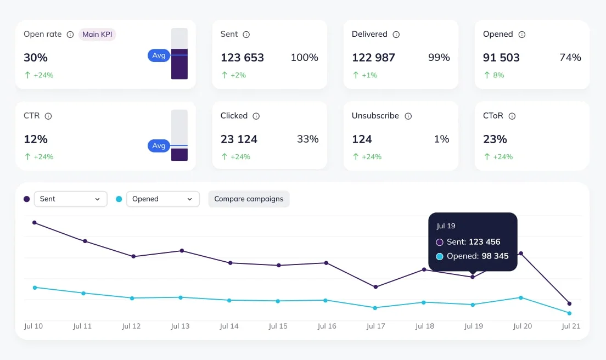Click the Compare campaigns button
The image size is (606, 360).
point(249,199)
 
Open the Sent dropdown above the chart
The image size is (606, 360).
point(71,199)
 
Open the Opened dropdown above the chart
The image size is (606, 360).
point(163,199)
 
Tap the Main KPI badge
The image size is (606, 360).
point(97,34)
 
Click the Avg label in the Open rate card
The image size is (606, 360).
point(159,55)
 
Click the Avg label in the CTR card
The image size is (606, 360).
point(159,146)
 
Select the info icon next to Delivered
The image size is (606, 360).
point(396,35)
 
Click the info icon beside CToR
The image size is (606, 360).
point(512,116)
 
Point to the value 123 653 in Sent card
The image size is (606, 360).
point(242,58)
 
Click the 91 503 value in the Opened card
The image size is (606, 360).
point(501,58)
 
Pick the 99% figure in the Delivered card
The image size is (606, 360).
point(439,58)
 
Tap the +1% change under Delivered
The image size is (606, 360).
point(369,75)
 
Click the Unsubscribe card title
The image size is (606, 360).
point(375,116)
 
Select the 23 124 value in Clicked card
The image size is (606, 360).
point(239,139)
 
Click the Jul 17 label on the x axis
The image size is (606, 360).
point(375,326)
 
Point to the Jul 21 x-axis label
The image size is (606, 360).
point(571,326)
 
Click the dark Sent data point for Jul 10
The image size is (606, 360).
point(35,223)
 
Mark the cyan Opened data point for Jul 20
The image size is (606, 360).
point(521,297)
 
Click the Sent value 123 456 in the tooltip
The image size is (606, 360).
point(485,241)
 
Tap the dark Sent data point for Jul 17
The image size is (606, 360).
point(375,287)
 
